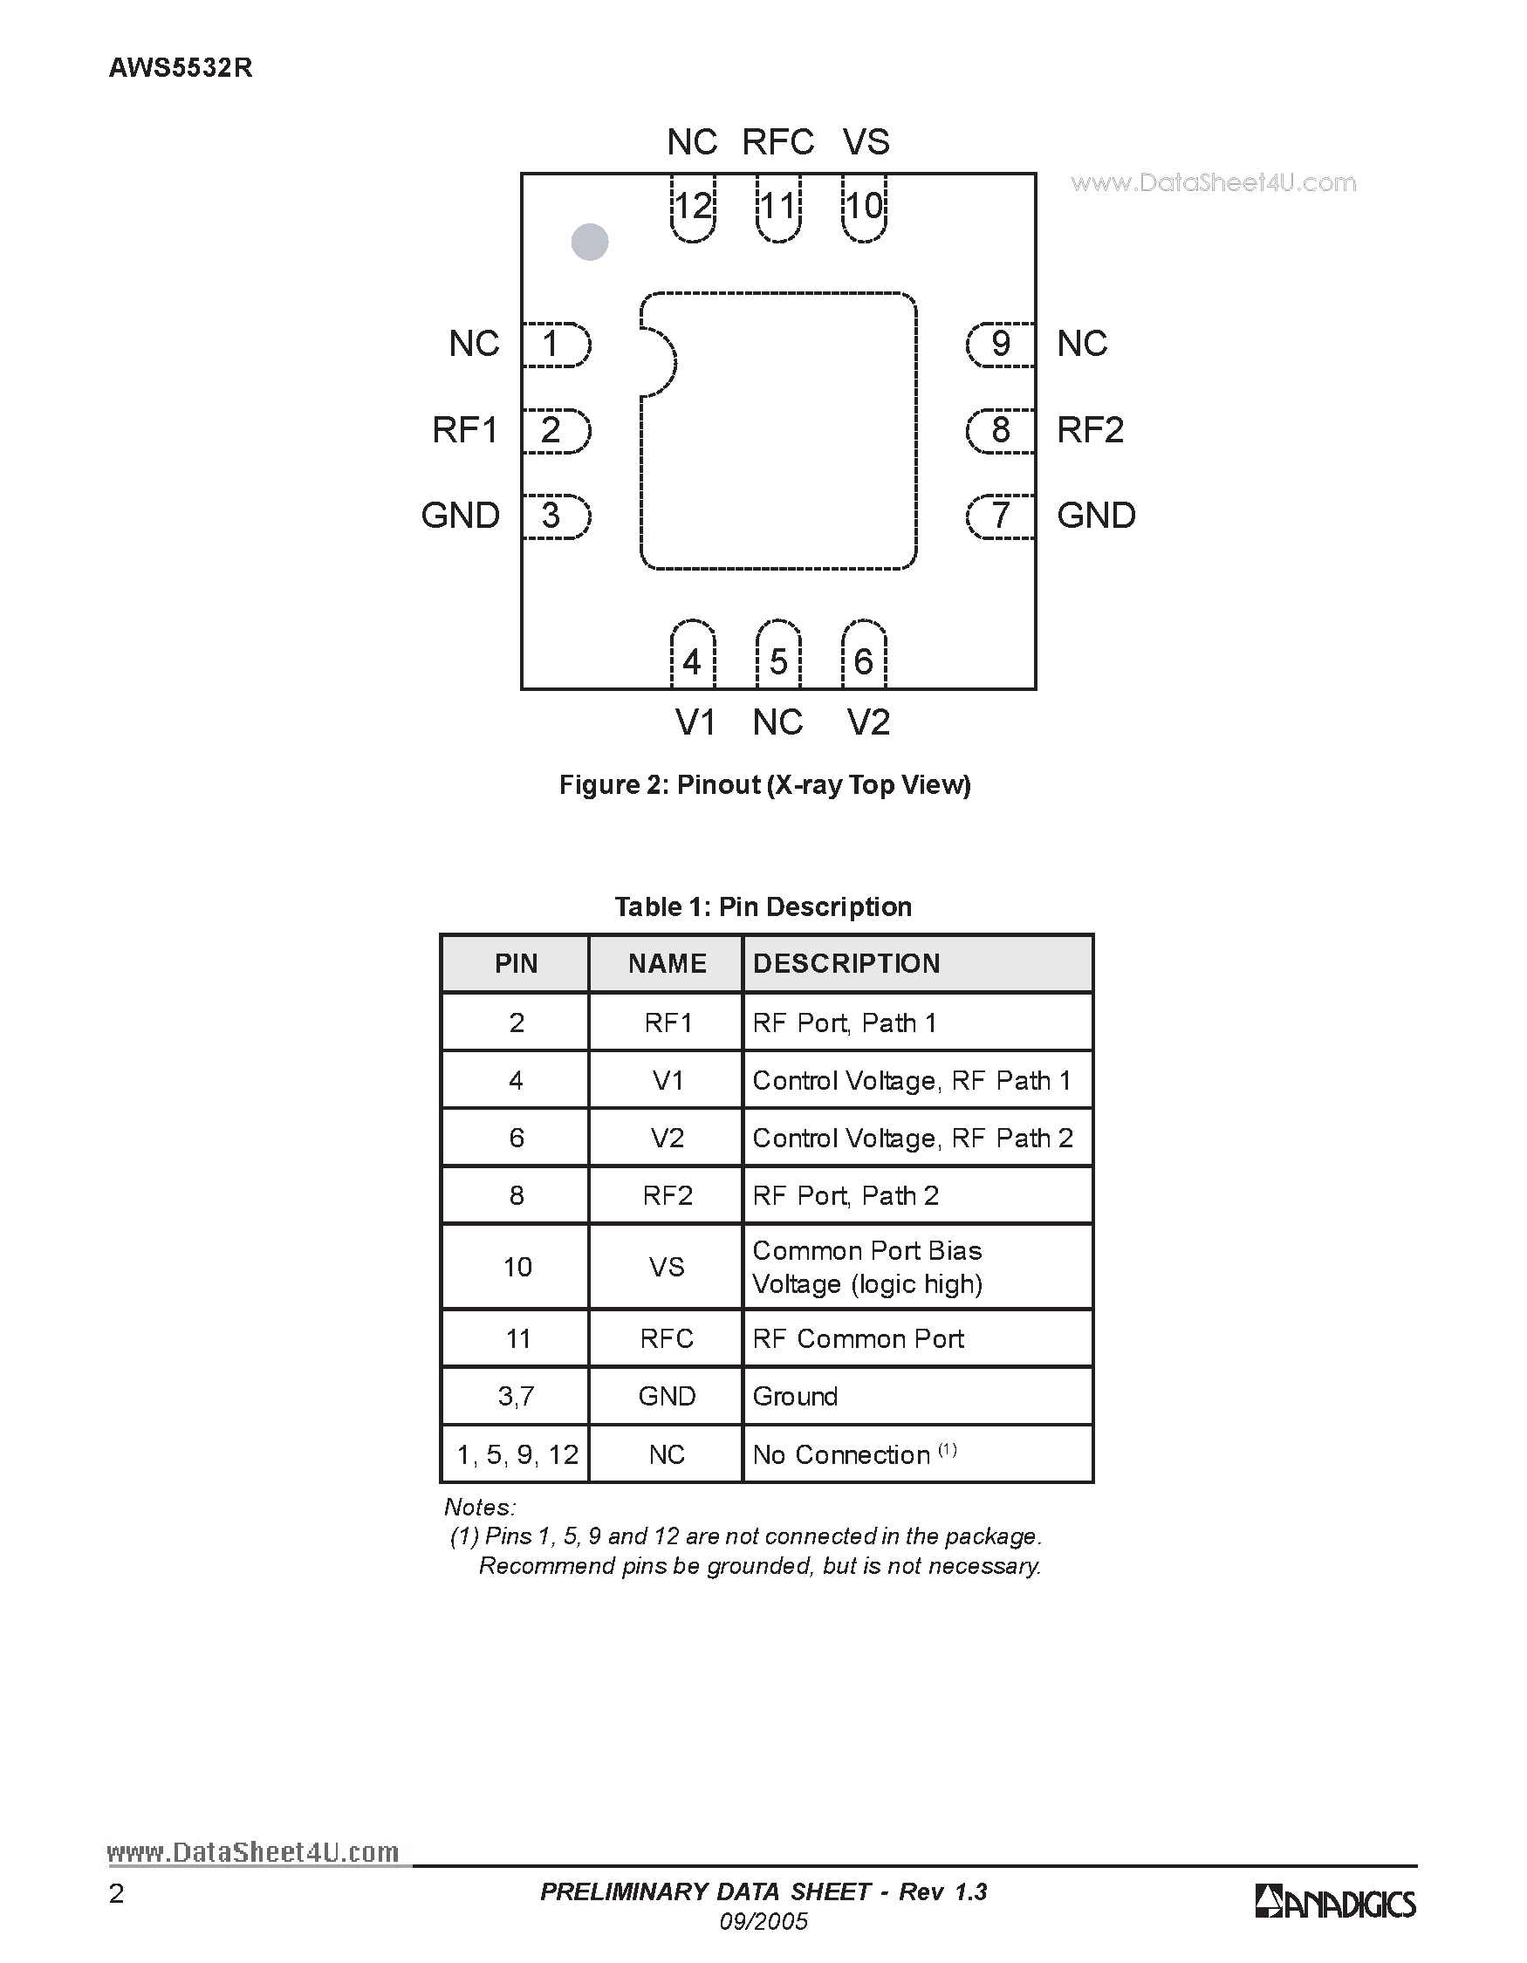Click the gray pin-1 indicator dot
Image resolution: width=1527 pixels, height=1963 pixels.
(x=590, y=242)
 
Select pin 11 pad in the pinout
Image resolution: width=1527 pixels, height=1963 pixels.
(x=778, y=209)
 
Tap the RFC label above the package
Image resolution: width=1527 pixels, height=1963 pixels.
(x=777, y=142)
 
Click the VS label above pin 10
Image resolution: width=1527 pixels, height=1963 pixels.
(x=866, y=142)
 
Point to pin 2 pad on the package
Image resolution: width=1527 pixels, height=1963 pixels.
(x=555, y=430)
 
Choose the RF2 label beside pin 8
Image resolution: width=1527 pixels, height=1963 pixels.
(x=1089, y=430)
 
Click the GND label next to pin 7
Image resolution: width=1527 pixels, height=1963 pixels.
(x=1096, y=516)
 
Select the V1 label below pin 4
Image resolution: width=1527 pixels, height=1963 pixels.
(x=695, y=722)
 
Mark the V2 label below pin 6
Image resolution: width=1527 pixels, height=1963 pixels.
(x=868, y=722)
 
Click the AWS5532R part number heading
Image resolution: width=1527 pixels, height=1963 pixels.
(x=181, y=68)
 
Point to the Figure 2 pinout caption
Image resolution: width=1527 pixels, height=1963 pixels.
(x=765, y=785)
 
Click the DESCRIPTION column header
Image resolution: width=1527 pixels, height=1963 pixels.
(x=846, y=963)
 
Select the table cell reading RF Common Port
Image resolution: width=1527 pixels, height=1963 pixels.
(x=858, y=1339)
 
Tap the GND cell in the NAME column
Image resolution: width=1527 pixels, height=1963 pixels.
(x=667, y=1397)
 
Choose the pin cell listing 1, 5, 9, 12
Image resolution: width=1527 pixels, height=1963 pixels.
(x=517, y=1455)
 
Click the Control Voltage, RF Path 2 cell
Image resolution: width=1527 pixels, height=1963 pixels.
(x=912, y=1139)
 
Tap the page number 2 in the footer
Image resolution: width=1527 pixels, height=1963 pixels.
(x=116, y=1895)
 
